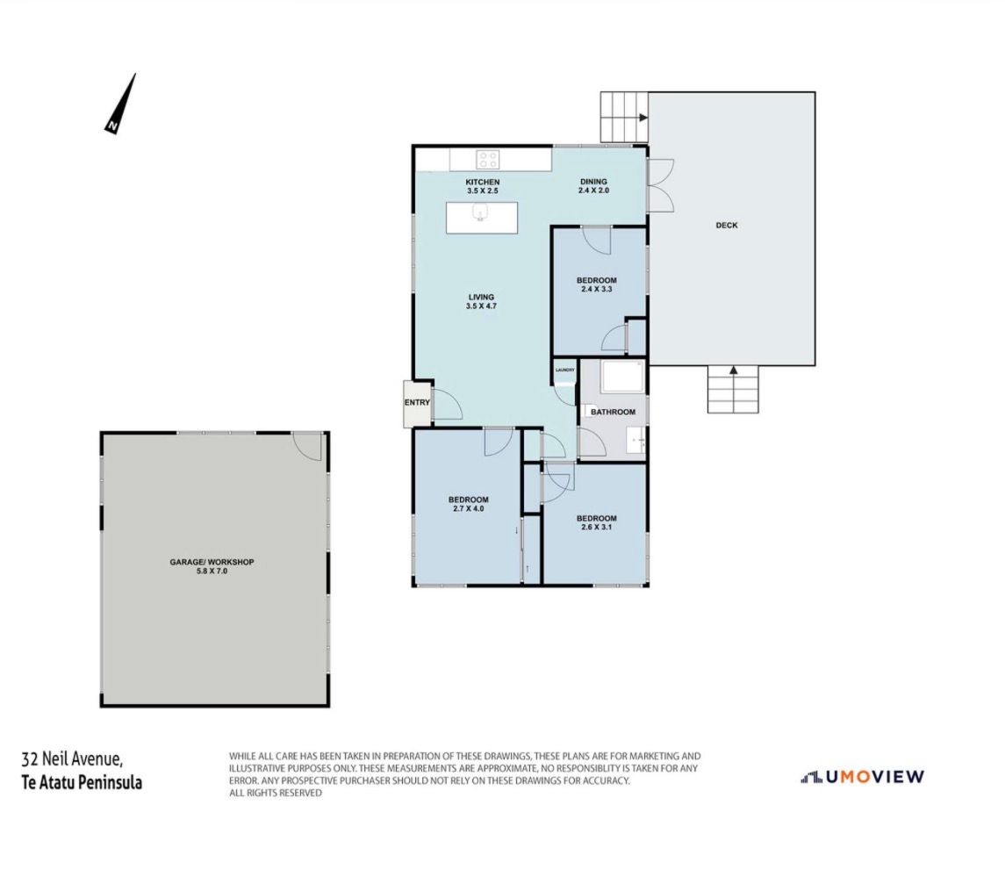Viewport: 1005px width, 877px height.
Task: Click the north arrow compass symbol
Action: [x=120, y=104]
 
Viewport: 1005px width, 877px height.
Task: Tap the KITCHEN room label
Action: [x=483, y=182]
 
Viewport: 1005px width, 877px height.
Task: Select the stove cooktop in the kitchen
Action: [x=487, y=159]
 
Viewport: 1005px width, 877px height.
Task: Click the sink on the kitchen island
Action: [x=479, y=212]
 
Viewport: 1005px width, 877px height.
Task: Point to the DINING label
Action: [x=593, y=182]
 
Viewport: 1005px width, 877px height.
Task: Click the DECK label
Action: [x=727, y=225]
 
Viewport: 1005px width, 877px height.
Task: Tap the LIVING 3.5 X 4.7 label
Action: [x=481, y=301]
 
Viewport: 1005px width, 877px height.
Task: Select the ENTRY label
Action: [x=417, y=403]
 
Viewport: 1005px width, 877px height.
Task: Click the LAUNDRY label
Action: [x=564, y=370]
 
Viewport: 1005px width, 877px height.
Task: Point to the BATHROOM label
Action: [x=613, y=412]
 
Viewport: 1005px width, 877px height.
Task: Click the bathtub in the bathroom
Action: [x=621, y=377]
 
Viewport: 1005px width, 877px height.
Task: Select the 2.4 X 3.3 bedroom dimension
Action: [x=596, y=289]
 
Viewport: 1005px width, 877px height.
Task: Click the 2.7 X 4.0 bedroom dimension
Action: [x=468, y=508]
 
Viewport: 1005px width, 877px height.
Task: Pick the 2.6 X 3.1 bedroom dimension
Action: [x=596, y=527]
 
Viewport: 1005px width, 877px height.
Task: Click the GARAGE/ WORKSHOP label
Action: [x=212, y=562]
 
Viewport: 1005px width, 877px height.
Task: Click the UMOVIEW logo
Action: [x=862, y=776]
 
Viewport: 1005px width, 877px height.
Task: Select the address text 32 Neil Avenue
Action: [x=71, y=759]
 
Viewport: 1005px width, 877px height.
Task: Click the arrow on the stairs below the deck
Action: [x=733, y=370]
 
